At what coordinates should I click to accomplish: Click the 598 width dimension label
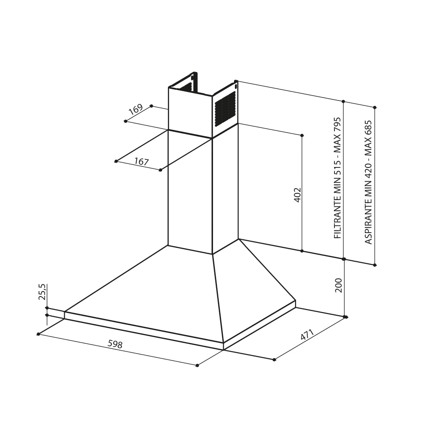click(115, 344)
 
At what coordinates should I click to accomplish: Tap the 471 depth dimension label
click(307, 335)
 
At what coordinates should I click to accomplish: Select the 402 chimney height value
click(297, 195)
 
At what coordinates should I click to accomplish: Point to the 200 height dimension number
click(338, 285)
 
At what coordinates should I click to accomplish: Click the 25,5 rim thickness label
click(43, 292)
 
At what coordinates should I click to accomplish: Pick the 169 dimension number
click(135, 109)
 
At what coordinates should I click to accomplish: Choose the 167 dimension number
click(142, 162)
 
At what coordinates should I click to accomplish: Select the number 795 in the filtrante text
click(338, 125)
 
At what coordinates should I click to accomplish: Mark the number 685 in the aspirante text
click(368, 128)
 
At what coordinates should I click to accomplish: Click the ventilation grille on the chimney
click(225, 109)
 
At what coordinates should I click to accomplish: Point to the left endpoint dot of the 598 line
click(38, 334)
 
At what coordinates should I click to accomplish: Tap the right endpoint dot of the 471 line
click(346, 317)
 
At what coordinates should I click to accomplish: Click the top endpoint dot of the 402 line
click(302, 135)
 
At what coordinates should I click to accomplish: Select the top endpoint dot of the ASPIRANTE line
click(375, 107)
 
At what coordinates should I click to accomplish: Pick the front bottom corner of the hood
click(223, 350)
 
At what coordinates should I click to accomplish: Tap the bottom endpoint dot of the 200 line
click(345, 317)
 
